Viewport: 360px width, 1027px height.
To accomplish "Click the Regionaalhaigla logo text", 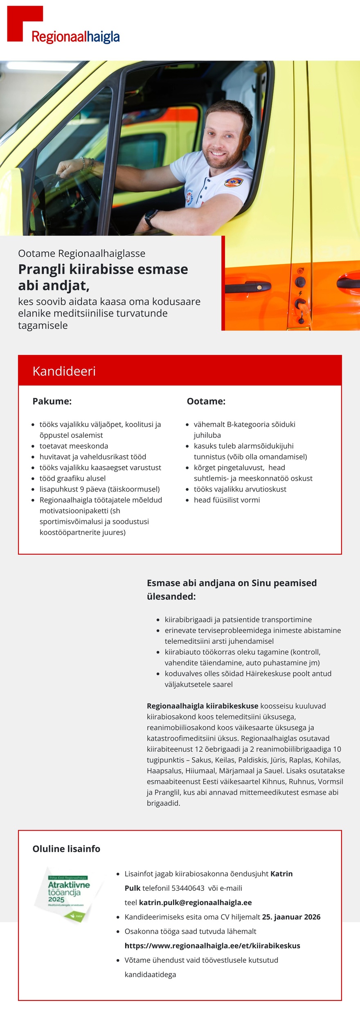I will pos(76,37).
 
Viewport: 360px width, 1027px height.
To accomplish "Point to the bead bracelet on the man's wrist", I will pos(85,163).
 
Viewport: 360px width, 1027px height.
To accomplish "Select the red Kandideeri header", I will pos(180,371).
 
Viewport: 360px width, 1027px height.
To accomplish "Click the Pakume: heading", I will pos(52,401).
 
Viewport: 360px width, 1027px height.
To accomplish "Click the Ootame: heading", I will pos(206,401).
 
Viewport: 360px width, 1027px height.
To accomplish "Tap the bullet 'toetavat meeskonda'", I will pos(74,446).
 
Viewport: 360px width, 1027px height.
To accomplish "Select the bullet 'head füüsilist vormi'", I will pos(227,500).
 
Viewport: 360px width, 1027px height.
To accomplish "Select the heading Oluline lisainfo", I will pos(66,849).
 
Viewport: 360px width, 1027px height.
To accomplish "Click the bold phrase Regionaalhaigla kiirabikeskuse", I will pos(202,706).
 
